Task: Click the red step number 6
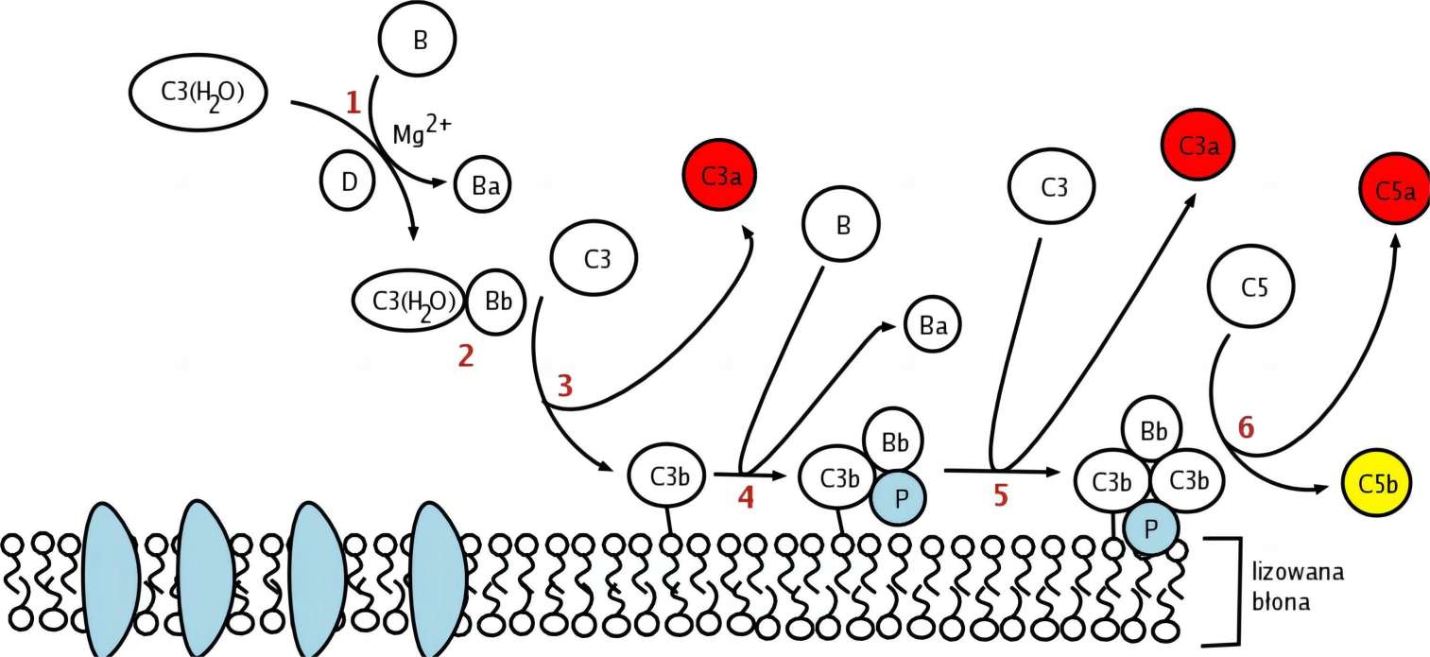(x=1246, y=427)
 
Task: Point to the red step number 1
(x=353, y=102)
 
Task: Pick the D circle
(x=349, y=180)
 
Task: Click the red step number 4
(x=746, y=497)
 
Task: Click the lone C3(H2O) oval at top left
(x=198, y=93)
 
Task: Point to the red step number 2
(x=466, y=357)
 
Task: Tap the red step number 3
(x=564, y=386)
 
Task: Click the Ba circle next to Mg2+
(x=485, y=186)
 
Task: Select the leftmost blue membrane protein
(x=111, y=579)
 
